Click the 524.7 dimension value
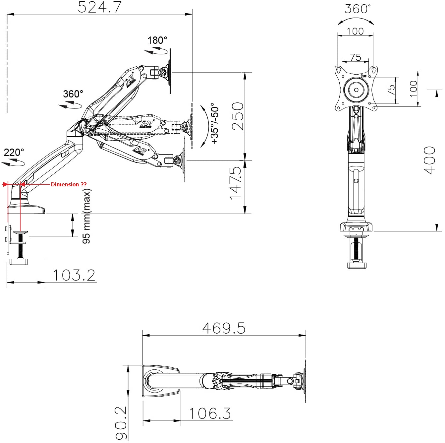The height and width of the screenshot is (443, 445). coord(99,7)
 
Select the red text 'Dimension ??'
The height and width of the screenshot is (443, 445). coord(69,184)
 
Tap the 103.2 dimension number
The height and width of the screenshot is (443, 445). coord(74,275)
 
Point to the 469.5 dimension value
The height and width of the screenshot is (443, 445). coord(224,328)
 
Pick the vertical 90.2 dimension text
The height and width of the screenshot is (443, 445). coord(121,423)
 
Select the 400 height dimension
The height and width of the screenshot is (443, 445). coord(429,160)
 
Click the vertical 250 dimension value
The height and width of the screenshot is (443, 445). coord(238,116)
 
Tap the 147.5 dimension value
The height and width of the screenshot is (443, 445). coord(235,183)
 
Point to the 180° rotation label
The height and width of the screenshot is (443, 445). coord(157,40)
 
